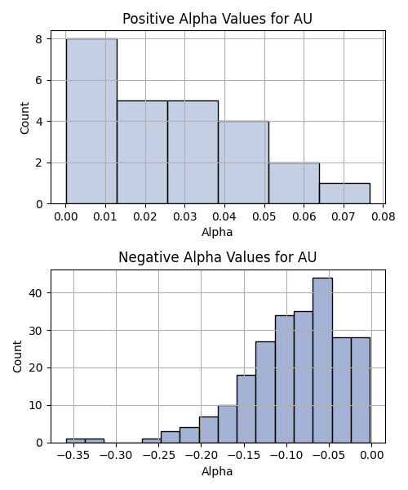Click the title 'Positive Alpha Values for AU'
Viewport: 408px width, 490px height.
[x=217, y=19]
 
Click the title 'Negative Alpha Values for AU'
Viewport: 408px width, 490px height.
[x=217, y=257]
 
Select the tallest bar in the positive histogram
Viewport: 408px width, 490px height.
[x=91, y=121]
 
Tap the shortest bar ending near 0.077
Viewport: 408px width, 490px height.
[x=344, y=194]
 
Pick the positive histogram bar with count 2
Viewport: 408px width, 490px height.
[x=294, y=183]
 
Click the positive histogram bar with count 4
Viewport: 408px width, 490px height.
[x=243, y=163]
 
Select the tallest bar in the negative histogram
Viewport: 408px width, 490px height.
[x=323, y=360]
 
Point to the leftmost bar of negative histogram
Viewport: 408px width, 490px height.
[x=76, y=441]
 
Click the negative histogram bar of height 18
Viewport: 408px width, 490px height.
[x=246, y=409]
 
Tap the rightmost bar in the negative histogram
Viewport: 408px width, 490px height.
[x=361, y=390]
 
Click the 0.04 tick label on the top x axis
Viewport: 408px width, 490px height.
[x=224, y=216]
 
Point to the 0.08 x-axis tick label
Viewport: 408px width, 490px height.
[x=384, y=216]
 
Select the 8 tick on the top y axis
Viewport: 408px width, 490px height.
[x=39, y=39]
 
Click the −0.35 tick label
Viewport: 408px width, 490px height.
[x=73, y=456]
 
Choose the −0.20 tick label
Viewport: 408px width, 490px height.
[x=201, y=456]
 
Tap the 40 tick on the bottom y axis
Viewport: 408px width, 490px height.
[x=36, y=293]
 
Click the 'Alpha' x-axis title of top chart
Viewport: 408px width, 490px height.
[x=217, y=232]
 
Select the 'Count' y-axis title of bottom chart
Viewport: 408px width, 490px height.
[x=18, y=356]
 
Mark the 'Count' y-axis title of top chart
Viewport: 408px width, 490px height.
[x=24, y=118]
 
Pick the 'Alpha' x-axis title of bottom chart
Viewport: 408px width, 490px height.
[x=217, y=471]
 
